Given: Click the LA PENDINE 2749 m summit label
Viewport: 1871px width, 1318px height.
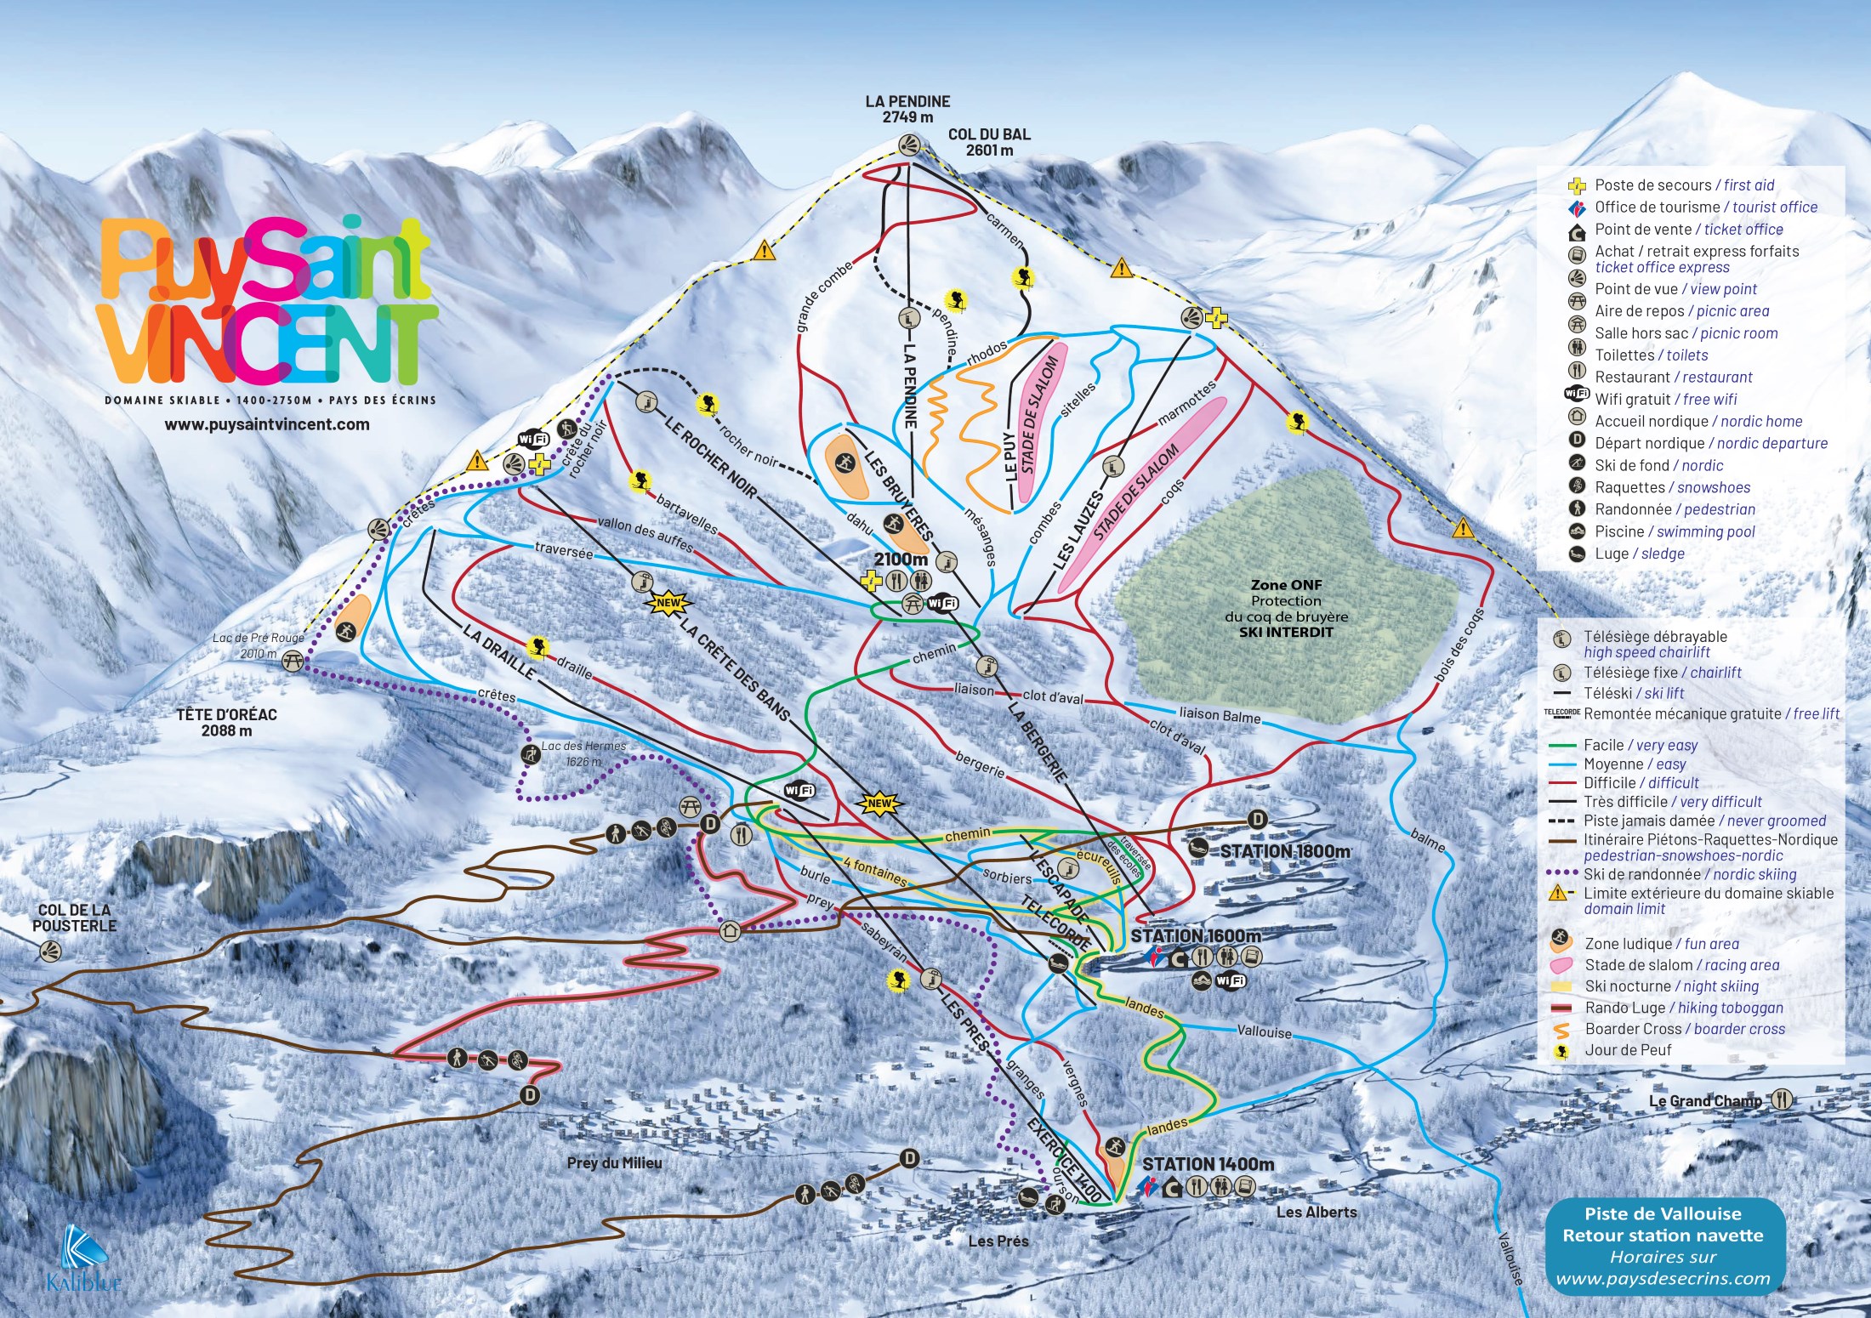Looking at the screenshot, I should coord(907,109).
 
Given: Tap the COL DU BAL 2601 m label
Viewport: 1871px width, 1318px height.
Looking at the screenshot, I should coord(989,142).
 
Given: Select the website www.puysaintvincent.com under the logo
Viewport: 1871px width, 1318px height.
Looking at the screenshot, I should coord(267,424).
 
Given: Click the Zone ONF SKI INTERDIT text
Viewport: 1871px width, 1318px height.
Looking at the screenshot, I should coord(1286,608).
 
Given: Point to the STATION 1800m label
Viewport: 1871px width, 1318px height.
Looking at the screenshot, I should coord(1285,851).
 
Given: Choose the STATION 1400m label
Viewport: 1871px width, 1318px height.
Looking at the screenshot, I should coord(1208,1163).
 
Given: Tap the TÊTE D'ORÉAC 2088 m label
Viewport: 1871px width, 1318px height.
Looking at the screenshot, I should coord(226,722).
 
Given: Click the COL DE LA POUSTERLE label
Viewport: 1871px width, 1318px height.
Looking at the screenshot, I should coord(74,917).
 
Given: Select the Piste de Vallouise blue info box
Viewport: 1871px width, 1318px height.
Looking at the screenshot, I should coord(1663,1246).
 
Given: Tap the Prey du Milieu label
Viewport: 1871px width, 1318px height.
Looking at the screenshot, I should coord(614,1162).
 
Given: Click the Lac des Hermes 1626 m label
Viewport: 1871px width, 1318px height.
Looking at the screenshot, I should coord(583,753).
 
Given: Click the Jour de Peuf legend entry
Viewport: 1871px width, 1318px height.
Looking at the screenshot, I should coord(1627,1050).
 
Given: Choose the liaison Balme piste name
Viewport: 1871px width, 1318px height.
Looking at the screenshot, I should coord(1220,715).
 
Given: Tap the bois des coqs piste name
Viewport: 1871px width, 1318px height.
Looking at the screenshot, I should coord(1459,644).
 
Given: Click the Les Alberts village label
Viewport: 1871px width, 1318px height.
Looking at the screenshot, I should coord(1317,1212).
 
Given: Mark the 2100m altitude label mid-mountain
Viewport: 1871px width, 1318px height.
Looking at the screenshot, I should coord(901,559).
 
